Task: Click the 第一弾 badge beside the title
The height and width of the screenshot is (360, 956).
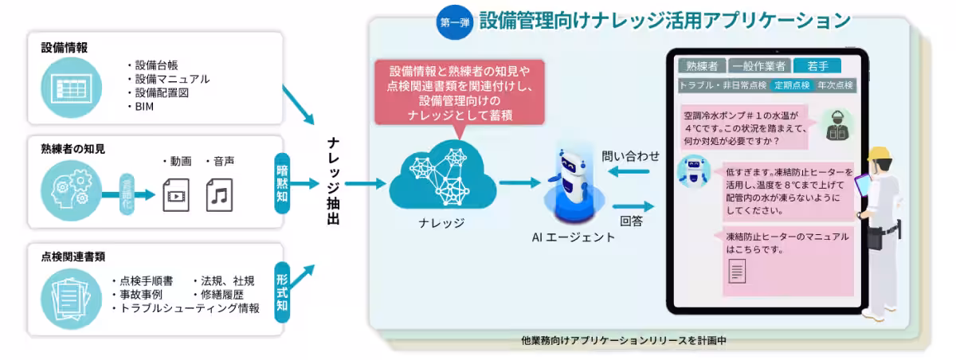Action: (x=454, y=22)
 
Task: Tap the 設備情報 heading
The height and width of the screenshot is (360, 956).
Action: (x=65, y=48)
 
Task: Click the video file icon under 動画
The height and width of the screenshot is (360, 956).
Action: (x=175, y=194)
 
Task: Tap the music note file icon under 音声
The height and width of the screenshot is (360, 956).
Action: (x=219, y=194)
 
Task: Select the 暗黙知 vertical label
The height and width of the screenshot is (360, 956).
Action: (x=282, y=185)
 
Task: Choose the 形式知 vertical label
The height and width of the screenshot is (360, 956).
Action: (x=282, y=292)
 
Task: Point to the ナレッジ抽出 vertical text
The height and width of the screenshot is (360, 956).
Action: (x=334, y=182)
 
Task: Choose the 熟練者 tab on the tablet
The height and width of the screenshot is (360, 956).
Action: (x=700, y=65)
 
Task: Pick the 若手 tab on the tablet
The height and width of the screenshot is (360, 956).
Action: (x=820, y=65)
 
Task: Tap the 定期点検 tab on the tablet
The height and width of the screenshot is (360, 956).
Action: (x=791, y=84)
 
